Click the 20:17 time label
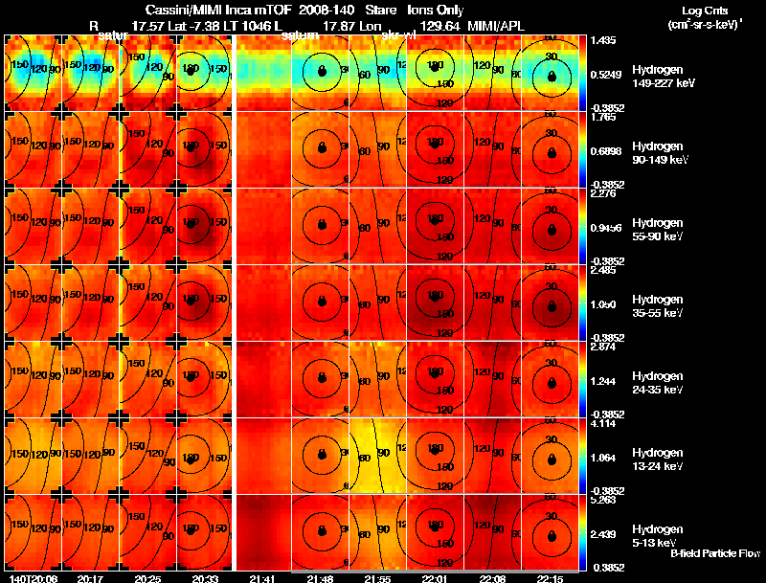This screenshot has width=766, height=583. (x=90, y=578)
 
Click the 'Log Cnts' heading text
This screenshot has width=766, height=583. (x=703, y=11)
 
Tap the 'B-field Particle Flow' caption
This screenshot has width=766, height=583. (x=715, y=553)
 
